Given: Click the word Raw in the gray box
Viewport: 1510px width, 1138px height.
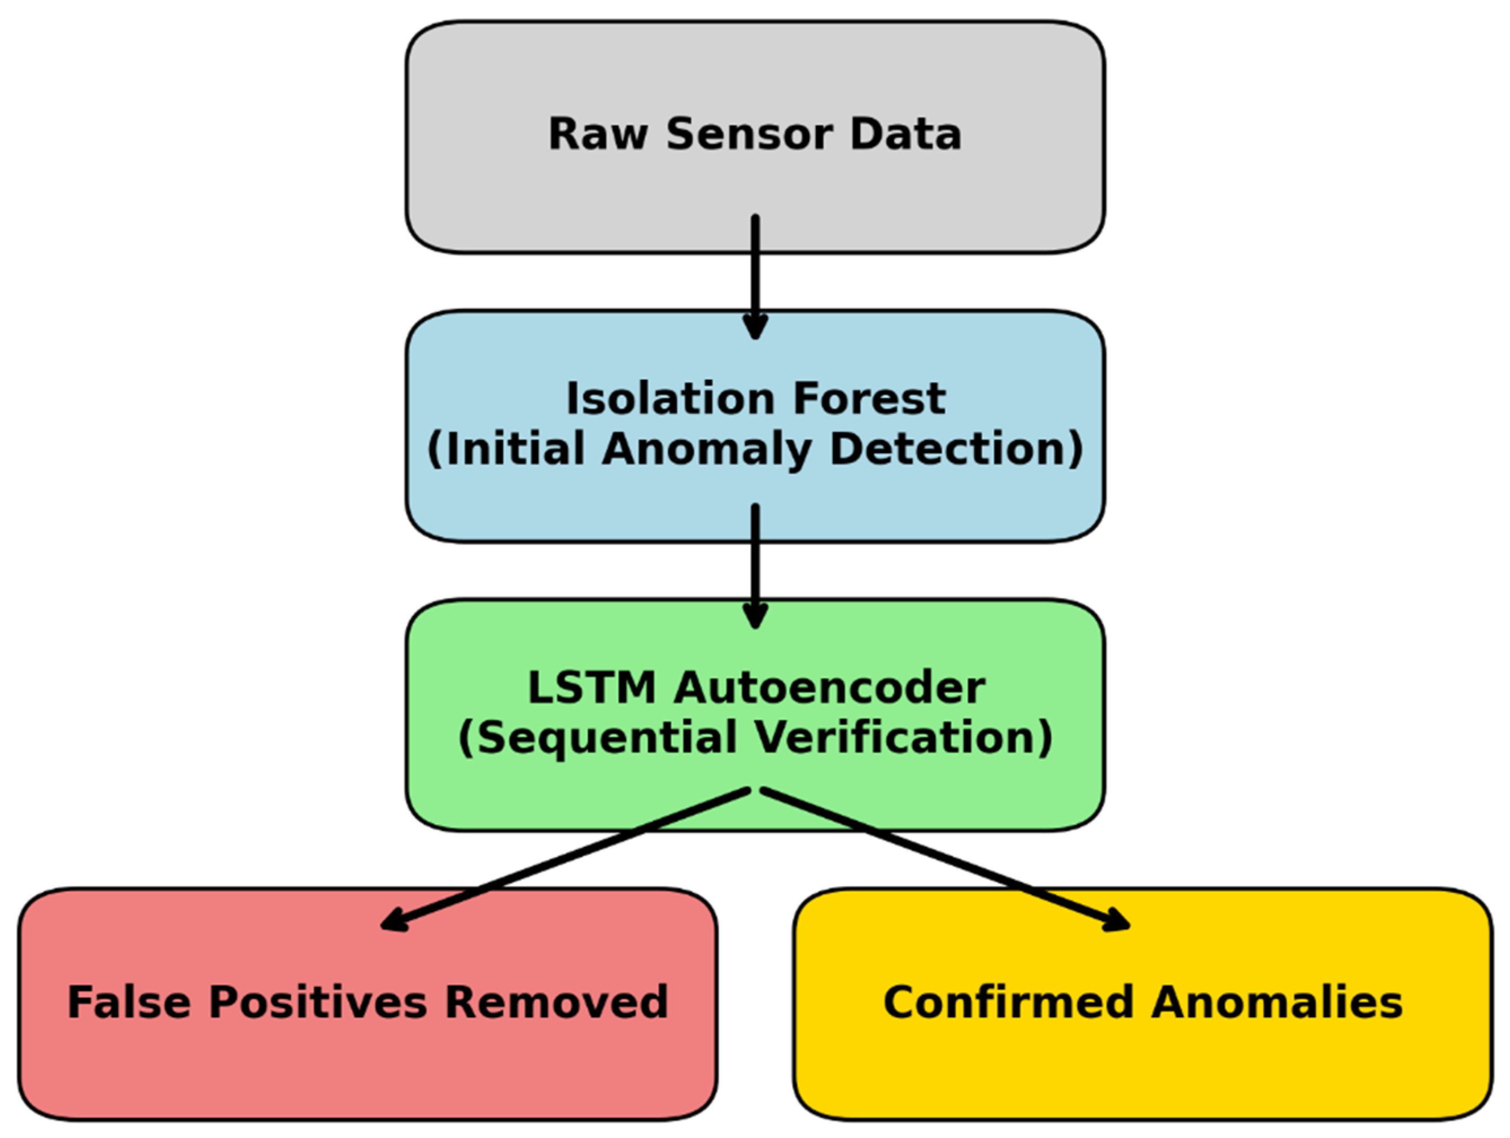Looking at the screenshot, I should [597, 134].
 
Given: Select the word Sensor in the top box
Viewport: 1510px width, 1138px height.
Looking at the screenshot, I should [749, 134].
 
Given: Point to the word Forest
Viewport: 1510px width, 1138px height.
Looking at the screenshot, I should [870, 399].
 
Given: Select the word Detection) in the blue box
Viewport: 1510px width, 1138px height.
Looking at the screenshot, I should [956, 450].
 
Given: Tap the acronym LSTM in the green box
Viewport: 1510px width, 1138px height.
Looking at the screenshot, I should [591, 688].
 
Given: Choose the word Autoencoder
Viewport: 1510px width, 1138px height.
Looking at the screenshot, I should [829, 688].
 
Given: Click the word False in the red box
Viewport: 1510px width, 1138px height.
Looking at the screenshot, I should [129, 1002].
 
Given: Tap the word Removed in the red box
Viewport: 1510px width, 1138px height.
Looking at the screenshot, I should [557, 1002].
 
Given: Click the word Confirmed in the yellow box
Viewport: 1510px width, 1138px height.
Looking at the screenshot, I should [1009, 1002].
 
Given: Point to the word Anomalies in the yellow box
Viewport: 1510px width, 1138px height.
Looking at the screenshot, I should [1276, 1002].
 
